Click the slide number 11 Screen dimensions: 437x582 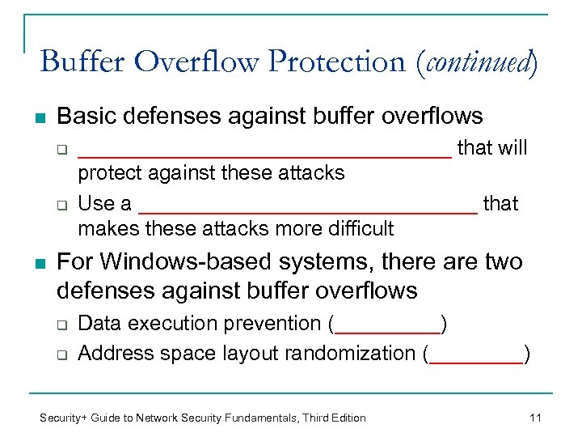point(534,418)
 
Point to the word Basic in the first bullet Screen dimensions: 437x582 point(84,117)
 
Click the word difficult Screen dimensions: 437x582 point(356,229)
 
